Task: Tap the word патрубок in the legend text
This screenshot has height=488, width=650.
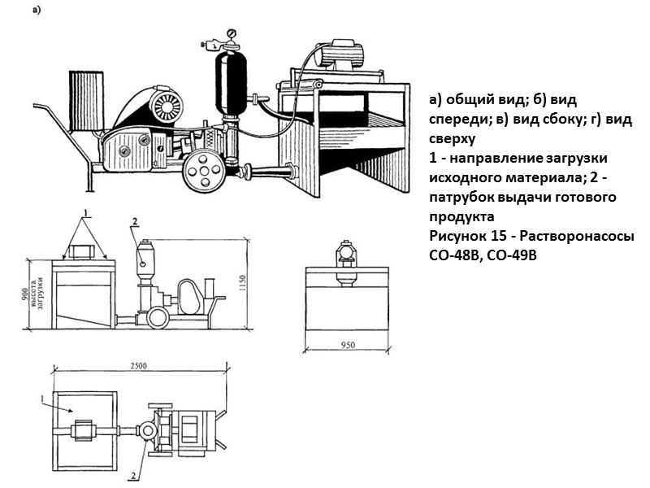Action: tap(464, 198)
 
